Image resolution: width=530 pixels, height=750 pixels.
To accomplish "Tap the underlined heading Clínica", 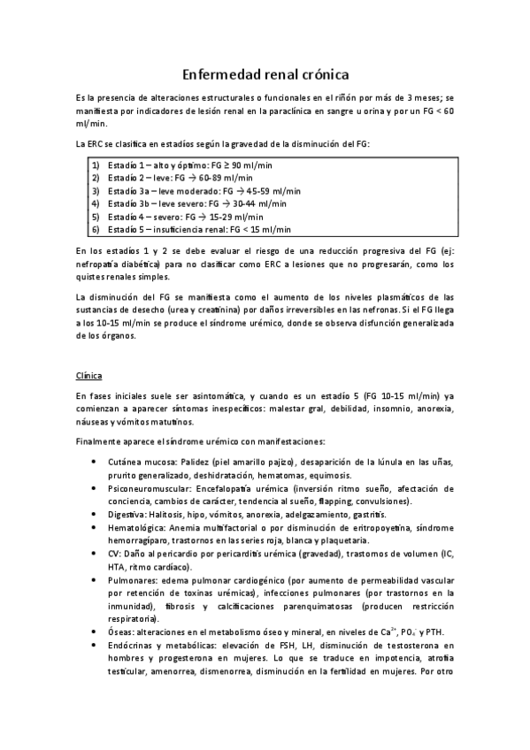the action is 89,375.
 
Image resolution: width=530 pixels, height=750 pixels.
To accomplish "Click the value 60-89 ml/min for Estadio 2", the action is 222,178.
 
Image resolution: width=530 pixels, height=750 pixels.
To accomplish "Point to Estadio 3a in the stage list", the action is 129,190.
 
